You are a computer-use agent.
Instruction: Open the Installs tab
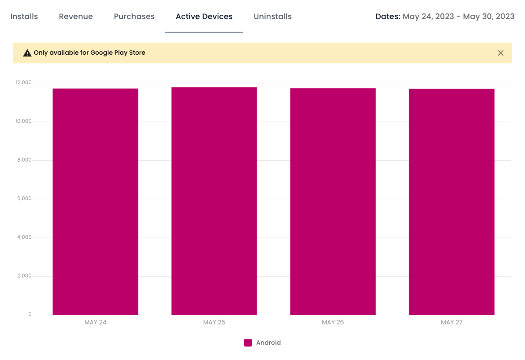coord(24,17)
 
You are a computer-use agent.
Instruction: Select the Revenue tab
coord(76,17)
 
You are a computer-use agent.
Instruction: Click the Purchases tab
coord(134,17)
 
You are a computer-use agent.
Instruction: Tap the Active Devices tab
coord(204,17)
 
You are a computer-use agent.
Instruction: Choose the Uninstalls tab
coord(273,17)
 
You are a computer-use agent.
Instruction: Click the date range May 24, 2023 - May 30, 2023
coord(459,17)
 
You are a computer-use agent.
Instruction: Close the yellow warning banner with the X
coord(501,53)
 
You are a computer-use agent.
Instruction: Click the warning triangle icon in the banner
coord(27,53)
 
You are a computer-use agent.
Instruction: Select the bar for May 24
coord(96,201)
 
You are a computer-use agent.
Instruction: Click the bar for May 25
coord(214,201)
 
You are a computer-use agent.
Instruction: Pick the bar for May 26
coord(333,201)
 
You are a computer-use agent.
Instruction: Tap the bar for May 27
coord(452,202)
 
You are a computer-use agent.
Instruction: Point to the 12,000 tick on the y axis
coord(23,83)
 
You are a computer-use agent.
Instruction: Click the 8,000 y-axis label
coord(24,160)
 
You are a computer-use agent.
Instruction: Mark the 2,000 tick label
coord(24,276)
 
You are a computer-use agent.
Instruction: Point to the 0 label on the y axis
coord(30,314)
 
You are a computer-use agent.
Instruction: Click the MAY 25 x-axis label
coord(214,322)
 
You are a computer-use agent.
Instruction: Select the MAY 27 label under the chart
coord(452,322)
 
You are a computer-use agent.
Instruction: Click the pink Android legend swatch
coord(248,343)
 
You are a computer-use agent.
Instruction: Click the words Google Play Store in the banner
coord(118,53)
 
